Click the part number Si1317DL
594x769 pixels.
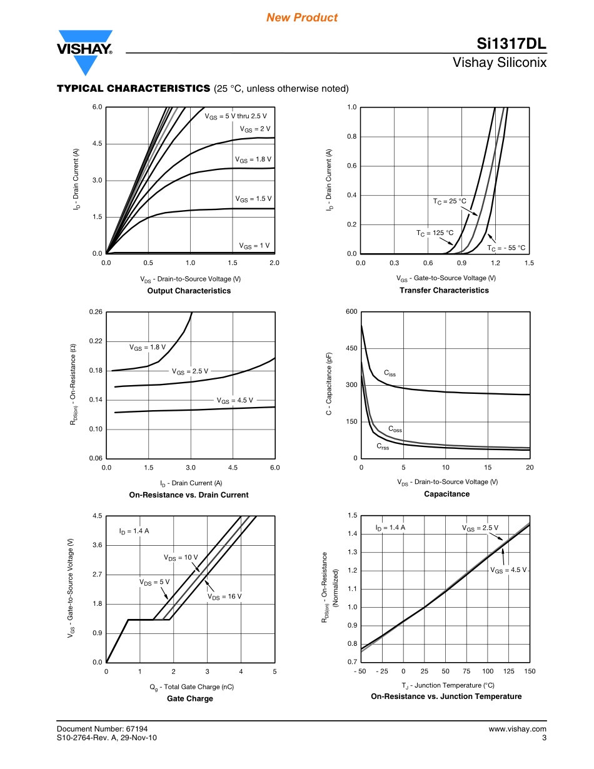[511, 44]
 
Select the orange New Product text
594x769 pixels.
[302, 18]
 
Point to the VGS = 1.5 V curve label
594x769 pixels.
[253, 199]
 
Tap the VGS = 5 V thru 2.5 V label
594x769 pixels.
[236, 116]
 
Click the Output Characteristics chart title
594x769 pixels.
[189, 291]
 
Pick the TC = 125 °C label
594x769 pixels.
[435, 233]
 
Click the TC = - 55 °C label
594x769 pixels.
[506, 248]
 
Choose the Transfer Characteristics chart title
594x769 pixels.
[444, 290]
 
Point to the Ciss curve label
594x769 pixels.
[390, 373]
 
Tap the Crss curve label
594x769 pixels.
[383, 446]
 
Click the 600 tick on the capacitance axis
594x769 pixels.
[351, 312]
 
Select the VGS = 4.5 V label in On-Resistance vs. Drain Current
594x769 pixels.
[235, 400]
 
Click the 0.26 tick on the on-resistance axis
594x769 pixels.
[95, 312]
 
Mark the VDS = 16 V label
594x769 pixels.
[224, 597]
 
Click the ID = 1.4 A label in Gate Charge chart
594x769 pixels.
[134, 531]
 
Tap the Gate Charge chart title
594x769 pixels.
[189, 699]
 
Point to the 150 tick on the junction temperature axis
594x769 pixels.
[530, 671]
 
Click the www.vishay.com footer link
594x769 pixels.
[517, 729]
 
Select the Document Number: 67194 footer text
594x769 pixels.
[102, 729]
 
